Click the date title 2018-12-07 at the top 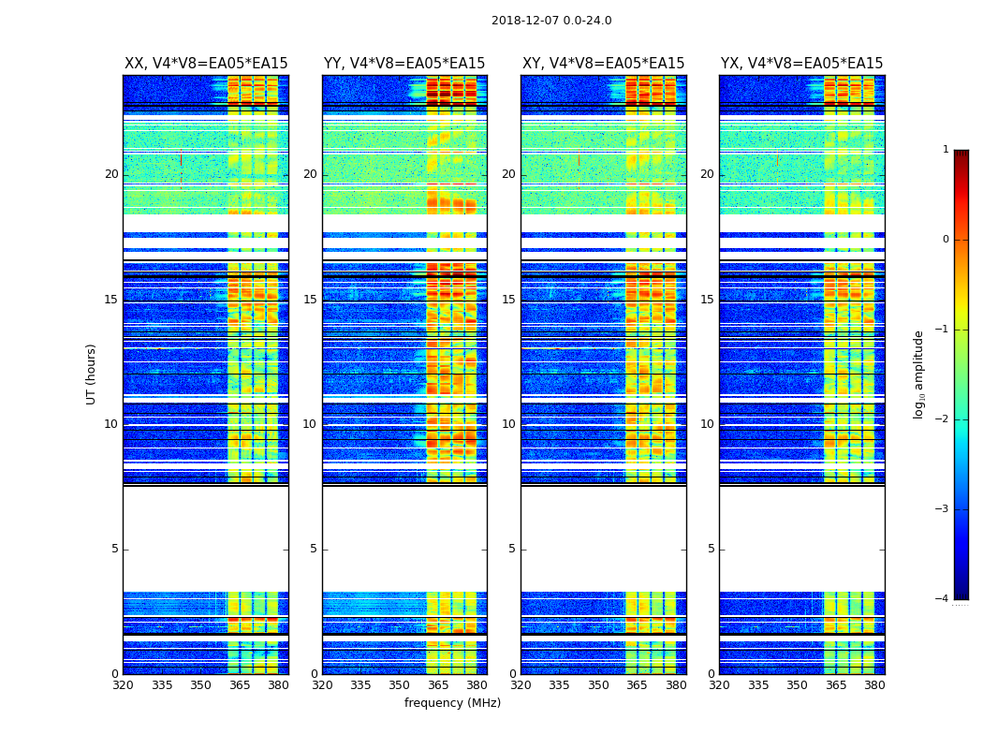pos(551,21)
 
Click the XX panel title pos(206,64)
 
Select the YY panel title pos(404,64)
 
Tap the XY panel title pos(603,64)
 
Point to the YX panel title pos(801,64)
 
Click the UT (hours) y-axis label pos(92,374)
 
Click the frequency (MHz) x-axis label pos(452,703)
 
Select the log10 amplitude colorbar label pos(919,374)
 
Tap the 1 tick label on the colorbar pos(945,150)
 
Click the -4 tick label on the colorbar pos(943,599)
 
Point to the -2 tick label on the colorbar pos(943,419)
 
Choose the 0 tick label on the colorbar pos(945,240)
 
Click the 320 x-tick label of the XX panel pos(123,685)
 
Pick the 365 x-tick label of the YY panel pos(438,685)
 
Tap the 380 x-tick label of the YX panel pos(874,685)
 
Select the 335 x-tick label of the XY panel pos(560,685)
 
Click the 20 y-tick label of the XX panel pos(111,174)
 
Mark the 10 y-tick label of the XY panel pos(508,424)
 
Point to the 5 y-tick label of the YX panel pos(711,549)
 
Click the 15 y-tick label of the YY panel pos(310,300)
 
